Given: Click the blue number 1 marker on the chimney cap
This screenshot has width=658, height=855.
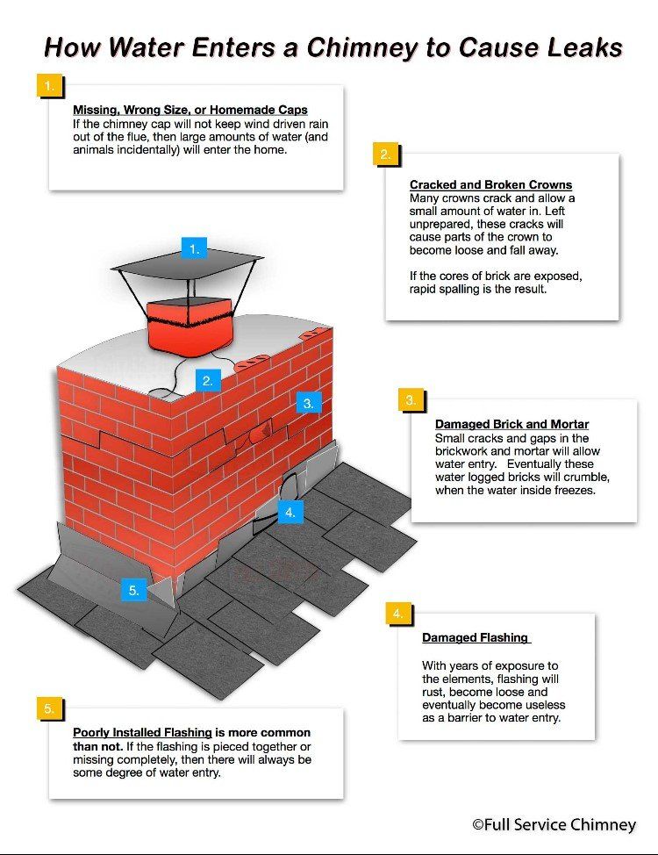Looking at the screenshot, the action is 194,249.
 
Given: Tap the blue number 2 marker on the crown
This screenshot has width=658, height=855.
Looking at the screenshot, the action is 208,381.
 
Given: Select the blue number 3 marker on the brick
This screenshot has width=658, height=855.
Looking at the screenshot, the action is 309,404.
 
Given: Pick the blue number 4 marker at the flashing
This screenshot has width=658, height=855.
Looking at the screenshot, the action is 290,512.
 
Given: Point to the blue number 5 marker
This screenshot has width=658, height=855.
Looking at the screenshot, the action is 134,590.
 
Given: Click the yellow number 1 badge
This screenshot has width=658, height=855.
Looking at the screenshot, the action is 49,86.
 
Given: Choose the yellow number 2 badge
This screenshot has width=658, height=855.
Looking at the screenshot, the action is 385,154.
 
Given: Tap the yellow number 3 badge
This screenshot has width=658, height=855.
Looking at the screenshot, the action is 411,400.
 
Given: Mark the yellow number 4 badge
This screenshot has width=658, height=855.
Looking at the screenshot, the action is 398,614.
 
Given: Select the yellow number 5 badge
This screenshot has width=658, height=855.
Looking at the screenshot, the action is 49,708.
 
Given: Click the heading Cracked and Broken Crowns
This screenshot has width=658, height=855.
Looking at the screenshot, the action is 490,185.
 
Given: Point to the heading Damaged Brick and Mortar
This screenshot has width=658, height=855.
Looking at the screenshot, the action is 511,424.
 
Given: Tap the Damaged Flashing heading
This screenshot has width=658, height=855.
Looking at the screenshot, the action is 476,637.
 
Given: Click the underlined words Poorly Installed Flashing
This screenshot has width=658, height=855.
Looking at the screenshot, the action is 142,732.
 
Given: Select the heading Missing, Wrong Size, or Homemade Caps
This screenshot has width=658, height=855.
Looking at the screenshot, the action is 190,110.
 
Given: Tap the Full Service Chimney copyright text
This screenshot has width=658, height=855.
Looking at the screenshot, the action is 554,824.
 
